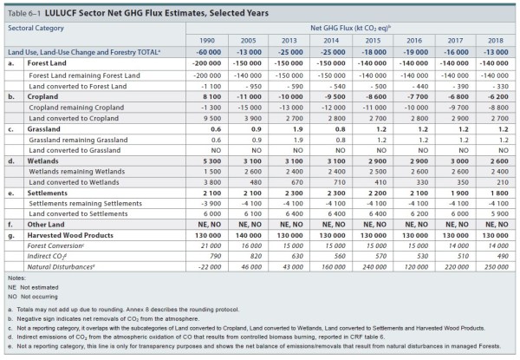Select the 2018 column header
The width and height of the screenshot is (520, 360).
497,40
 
